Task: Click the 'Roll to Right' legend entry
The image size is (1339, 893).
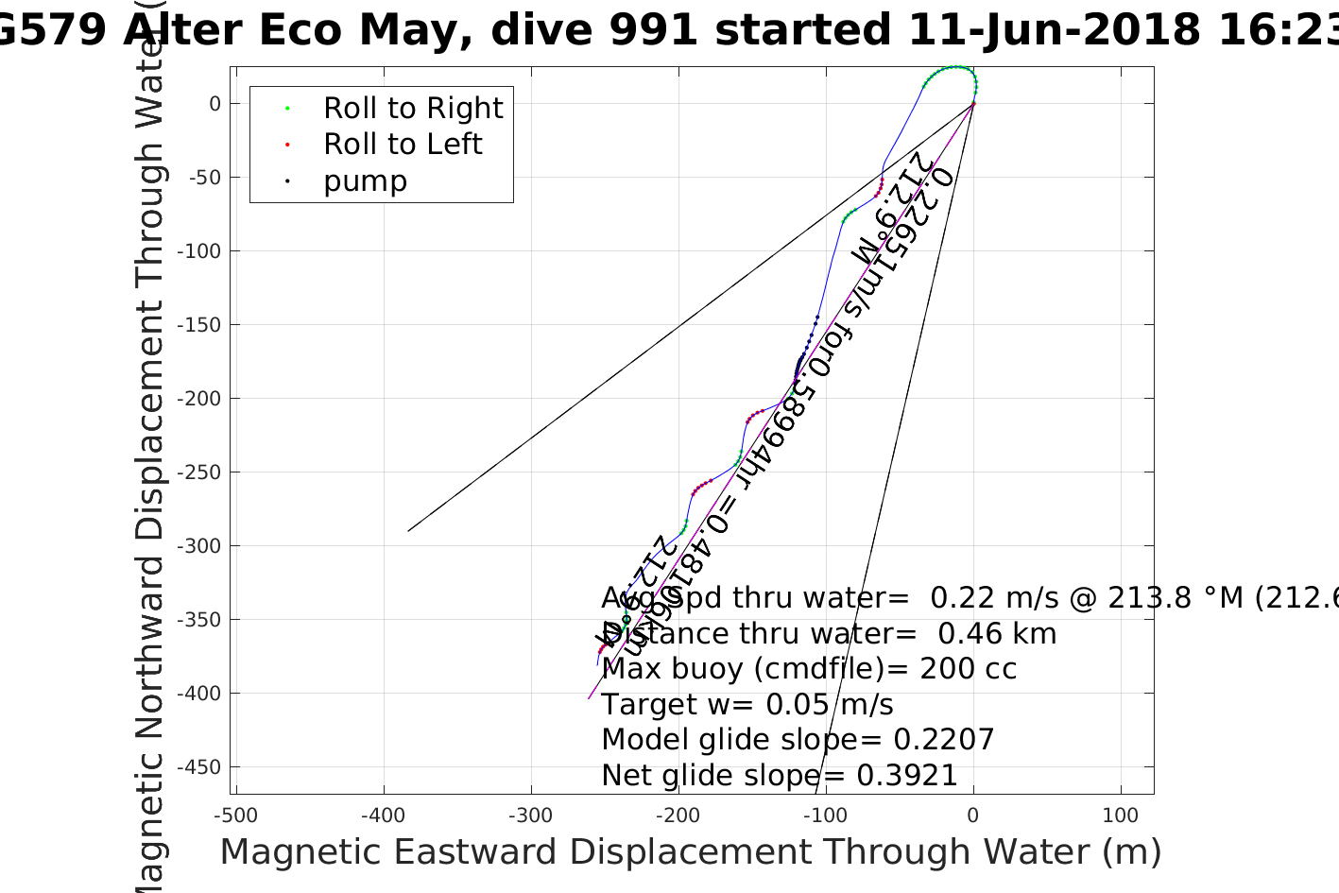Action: (413, 109)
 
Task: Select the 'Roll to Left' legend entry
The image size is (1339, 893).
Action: (403, 145)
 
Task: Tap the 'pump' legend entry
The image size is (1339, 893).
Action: (365, 181)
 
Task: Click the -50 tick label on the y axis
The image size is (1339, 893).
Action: (204, 178)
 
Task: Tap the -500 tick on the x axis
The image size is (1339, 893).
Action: (235, 816)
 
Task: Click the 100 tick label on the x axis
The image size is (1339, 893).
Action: (1121, 816)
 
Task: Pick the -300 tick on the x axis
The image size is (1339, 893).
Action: (530, 816)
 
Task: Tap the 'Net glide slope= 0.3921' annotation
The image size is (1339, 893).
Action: (780, 776)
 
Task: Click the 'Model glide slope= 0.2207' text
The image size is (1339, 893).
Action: (798, 740)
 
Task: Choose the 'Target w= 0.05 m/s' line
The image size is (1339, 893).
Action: (747, 705)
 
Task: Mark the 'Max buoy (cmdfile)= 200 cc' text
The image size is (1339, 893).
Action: (809, 669)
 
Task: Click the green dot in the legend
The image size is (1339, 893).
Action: (287, 109)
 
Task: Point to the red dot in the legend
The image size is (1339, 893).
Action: (287, 145)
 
